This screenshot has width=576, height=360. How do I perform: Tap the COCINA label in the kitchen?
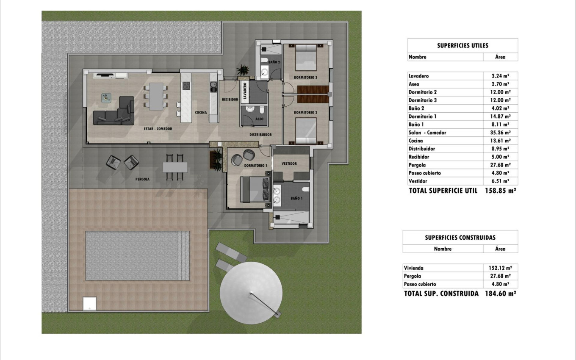201,113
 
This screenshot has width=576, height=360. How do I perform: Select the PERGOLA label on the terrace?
142,179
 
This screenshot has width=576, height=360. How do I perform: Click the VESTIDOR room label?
289,163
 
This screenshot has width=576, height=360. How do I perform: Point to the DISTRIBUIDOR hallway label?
260,135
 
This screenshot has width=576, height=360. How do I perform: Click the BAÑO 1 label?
296,198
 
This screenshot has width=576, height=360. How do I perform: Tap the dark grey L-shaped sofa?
113,113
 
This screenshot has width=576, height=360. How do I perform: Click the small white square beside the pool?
89,303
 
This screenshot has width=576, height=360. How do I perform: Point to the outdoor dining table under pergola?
175,167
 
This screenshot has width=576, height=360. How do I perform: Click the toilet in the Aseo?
262,111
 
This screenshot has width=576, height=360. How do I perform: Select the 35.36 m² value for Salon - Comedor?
500,133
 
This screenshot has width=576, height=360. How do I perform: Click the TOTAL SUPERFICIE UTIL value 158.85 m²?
500,191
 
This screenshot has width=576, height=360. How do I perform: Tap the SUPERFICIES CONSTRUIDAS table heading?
460,238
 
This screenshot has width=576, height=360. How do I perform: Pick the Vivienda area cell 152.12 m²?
500,268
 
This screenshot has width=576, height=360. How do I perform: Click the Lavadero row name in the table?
418,76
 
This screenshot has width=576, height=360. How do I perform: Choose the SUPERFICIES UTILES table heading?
462,45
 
